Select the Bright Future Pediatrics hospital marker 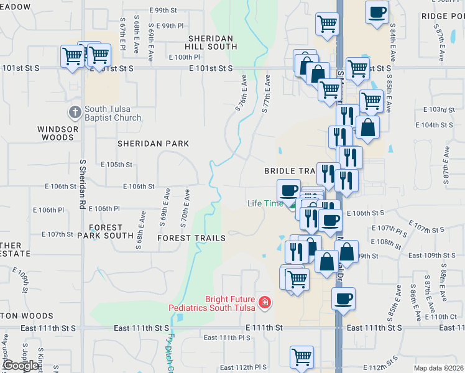(265, 302)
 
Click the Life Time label (264, 203)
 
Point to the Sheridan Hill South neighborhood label (213, 42)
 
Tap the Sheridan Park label (154, 144)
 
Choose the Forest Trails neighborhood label (191, 238)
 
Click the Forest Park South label (106, 231)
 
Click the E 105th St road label (117, 165)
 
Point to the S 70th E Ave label (186, 208)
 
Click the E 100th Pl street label (184, 57)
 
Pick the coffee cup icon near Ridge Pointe (376, 12)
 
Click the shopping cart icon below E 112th (302, 357)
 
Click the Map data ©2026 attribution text (438, 368)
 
